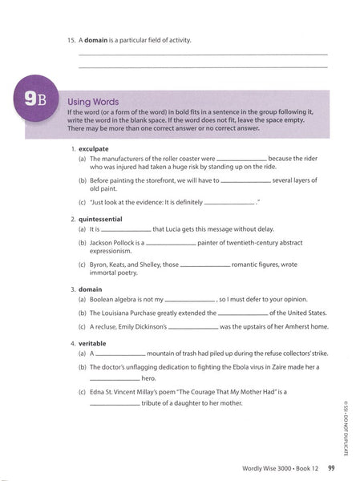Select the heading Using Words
coord(93,103)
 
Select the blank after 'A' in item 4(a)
coord(121,355)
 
